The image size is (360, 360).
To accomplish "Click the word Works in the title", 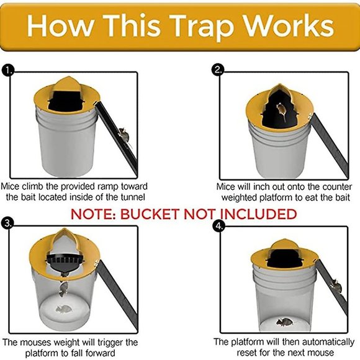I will tap(289, 25).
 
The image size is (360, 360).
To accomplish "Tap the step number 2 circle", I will tap(218, 70).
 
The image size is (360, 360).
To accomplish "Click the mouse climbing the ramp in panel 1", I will tap(124, 135).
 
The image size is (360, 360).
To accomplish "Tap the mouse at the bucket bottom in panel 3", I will tap(63, 309).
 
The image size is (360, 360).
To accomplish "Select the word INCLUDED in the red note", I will tap(255, 215).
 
